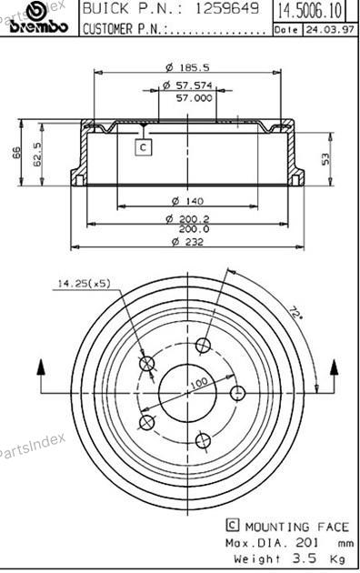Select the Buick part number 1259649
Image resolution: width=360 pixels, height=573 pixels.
(227, 8)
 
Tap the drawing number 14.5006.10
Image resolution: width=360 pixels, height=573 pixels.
(310, 11)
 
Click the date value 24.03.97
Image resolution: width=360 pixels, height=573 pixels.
(330, 30)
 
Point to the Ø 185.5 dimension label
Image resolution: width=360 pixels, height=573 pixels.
(187, 67)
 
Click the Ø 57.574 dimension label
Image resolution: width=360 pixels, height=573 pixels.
(187, 85)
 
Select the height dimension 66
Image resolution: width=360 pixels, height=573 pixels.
(16, 153)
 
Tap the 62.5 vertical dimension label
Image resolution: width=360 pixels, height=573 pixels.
(37, 155)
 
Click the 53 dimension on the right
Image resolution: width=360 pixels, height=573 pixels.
(325, 159)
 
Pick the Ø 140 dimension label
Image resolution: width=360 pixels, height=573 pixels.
(187, 201)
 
